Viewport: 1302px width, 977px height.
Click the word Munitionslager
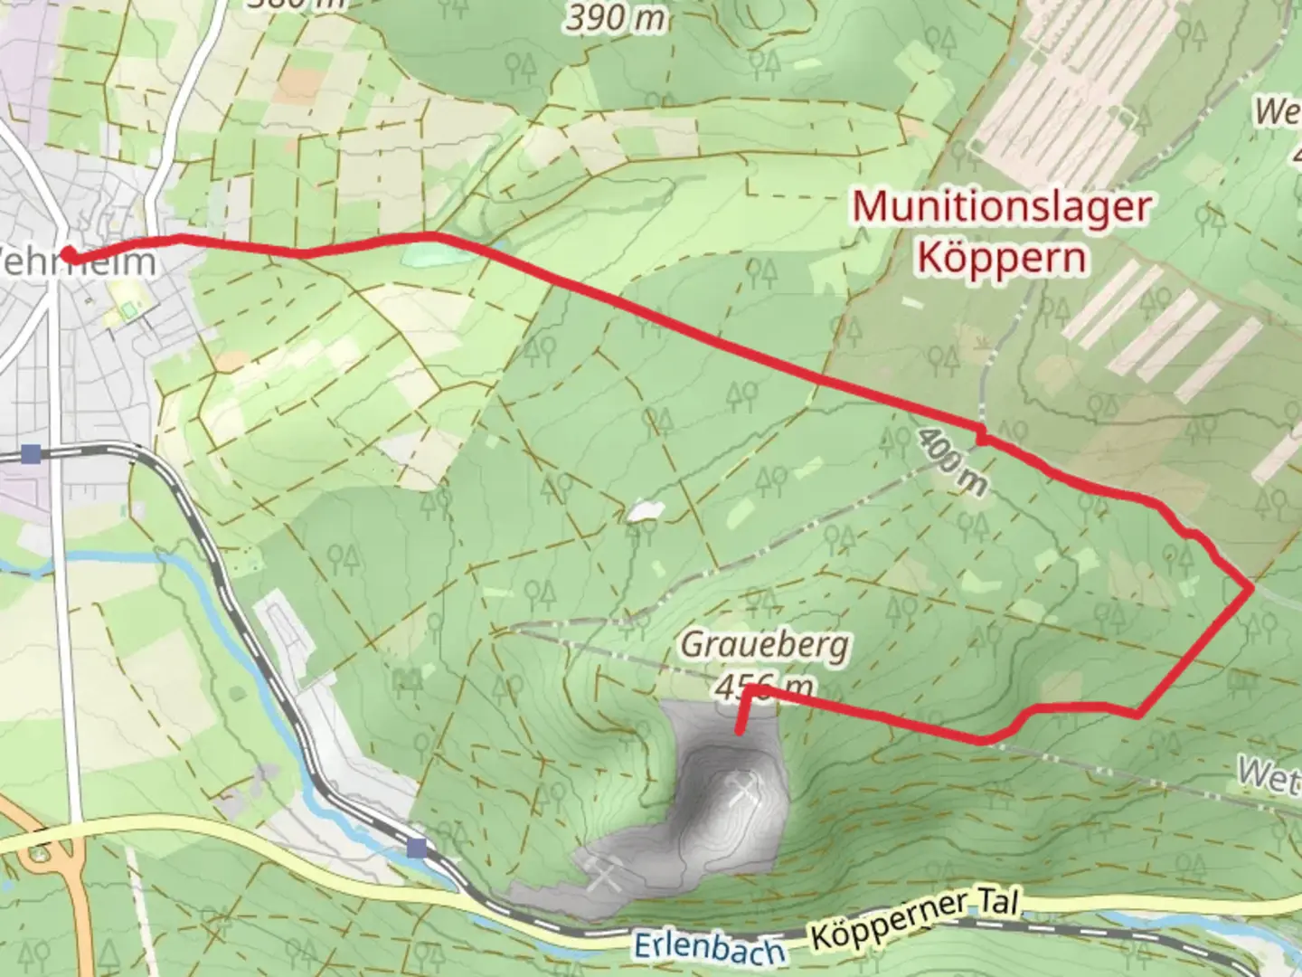click(x=1002, y=207)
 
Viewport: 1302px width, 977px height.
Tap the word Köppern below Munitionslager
click(x=1002, y=258)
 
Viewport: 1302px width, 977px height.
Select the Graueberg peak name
click(x=764, y=645)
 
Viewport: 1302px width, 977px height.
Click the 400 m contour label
click(x=952, y=462)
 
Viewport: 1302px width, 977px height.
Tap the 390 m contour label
click(x=617, y=18)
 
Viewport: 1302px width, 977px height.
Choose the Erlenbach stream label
click(x=708, y=948)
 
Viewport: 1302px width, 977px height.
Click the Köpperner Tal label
click(x=915, y=921)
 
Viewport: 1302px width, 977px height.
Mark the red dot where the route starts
click(x=67, y=256)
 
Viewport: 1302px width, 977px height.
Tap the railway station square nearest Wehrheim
click(x=33, y=453)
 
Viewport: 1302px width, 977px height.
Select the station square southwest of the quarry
click(x=417, y=848)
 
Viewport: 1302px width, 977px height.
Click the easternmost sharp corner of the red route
click(x=1251, y=589)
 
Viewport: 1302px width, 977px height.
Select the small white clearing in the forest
click(x=644, y=512)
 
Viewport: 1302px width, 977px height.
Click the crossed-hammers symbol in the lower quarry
click(x=604, y=874)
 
